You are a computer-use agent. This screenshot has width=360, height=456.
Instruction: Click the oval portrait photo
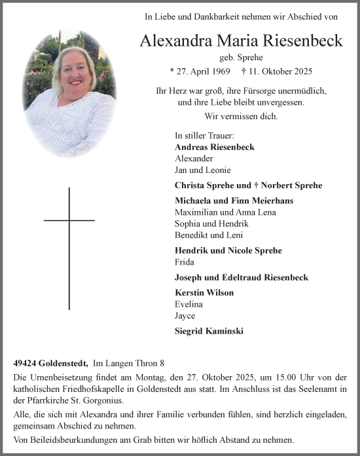coord(69,94)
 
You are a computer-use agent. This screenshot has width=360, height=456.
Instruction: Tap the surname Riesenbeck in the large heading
coord(295,41)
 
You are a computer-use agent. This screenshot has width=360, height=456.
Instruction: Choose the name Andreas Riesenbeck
coord(215,147)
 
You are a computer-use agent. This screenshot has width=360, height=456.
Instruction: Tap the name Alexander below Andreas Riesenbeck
coord(194,159)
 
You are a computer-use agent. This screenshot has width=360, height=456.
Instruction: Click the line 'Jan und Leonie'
coord(203,170)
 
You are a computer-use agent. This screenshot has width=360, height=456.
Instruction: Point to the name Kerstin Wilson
coord(204,292)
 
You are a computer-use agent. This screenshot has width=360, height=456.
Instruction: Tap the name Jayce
coord(186,316)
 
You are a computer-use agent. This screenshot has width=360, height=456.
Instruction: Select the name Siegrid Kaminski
coord(209,331)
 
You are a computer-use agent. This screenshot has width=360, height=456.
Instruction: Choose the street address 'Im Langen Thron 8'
coord(131,362)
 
